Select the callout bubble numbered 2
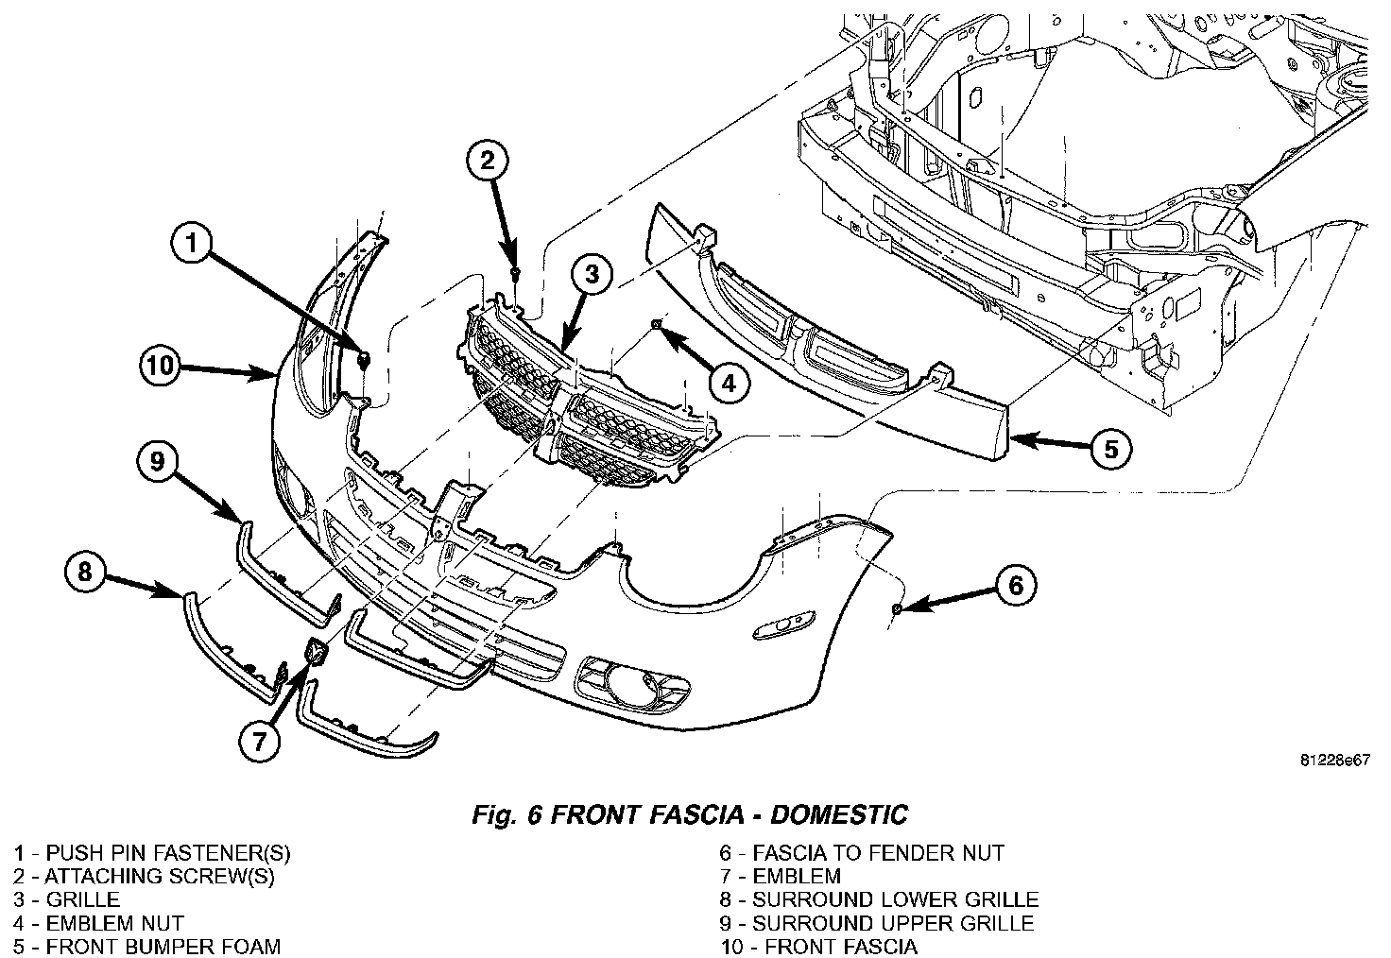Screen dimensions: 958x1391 click(x=487, y=162)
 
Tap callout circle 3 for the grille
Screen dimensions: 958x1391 click(x=592, y=275)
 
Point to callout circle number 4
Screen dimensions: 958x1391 click(x=727, y=382)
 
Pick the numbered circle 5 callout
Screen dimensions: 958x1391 click(x=1110, y=449)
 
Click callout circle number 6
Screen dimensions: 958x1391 click(x=1015, y=586)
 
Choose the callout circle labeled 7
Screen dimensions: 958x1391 click(x=260, y=742)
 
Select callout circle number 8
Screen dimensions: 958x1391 click(x=85, y=573)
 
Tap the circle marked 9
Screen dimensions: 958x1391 click(x=157, y=461)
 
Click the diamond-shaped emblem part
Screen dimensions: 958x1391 click(x=316, y=652)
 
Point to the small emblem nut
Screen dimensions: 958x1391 click(x=655, y=325)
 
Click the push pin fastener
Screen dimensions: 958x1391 click(x=365, y=358)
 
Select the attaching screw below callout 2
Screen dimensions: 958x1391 click(x=514, y=273)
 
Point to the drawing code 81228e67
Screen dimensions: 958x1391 click(x=1332, y=761)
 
